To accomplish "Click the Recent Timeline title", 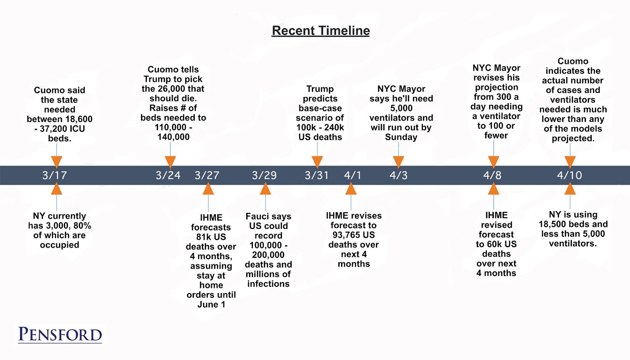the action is click(321, 30).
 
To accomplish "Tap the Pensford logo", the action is click(60, 334).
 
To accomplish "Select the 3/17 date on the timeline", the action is click(55, 175).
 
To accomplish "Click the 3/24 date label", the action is click(168, 175).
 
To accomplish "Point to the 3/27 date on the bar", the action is click(207, 175).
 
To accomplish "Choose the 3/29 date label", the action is click(264, 175).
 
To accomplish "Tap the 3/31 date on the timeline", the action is click(317, 175).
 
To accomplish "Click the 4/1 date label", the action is click(352, 175).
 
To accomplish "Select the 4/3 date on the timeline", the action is click(399, 175).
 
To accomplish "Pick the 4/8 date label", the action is click(492, 175).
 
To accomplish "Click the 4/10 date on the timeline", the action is click(570, 175).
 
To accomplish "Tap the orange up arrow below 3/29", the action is click(265, 189).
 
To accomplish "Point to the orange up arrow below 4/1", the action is click(351, 189).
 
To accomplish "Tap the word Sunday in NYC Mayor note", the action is click(401, 137).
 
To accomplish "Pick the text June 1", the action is click(211, 304).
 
